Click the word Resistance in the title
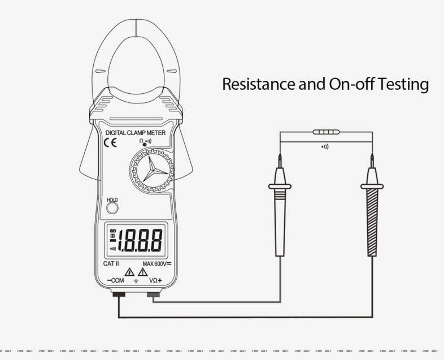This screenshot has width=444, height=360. click(x=259, y=84)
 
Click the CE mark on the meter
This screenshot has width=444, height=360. click(x=110, y=142)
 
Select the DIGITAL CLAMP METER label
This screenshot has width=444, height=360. click(x=136, y=133)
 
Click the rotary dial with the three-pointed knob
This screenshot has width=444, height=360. click(x=151, y=171)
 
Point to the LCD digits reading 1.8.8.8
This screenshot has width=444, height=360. click(x=140, y=241)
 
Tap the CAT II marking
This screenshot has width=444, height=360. click(x=111, y=264)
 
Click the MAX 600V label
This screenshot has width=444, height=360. click(x=157, y=264)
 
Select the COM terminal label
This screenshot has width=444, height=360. click(x=116, y=280)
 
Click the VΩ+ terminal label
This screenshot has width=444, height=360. click(x=156, y=280)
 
